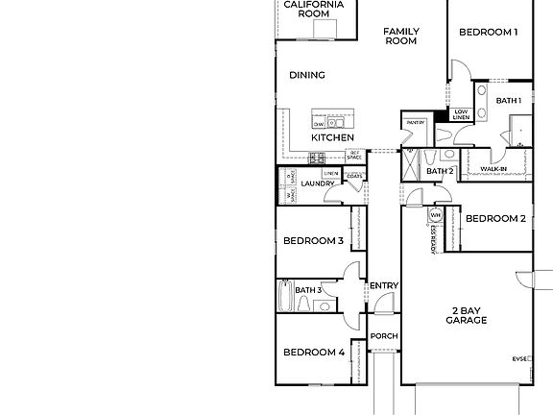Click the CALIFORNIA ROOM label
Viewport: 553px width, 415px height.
pos(313,9)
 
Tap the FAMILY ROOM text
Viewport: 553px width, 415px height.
pos(400,37)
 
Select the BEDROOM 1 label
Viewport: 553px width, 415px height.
pos(488,32)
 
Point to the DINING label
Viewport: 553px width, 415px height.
pos(306,75)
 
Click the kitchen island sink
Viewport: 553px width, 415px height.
pos(337,123)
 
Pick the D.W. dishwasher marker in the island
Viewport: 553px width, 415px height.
pos(318,124)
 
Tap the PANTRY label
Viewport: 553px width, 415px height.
pos(415,123)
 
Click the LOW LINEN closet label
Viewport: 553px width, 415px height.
pos(461,114)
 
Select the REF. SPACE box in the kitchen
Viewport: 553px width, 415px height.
pos(354,155)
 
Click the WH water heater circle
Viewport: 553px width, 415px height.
pos(435,215)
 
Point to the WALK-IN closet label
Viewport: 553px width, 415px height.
pos(493,169)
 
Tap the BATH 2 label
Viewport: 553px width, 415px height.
pos(440,172)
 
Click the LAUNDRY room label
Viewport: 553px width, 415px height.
pos(317,183)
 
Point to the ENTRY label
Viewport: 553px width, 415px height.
pos(384,285)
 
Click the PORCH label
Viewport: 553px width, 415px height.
pos(384,335)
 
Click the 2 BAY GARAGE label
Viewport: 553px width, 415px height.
pos(466,315)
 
